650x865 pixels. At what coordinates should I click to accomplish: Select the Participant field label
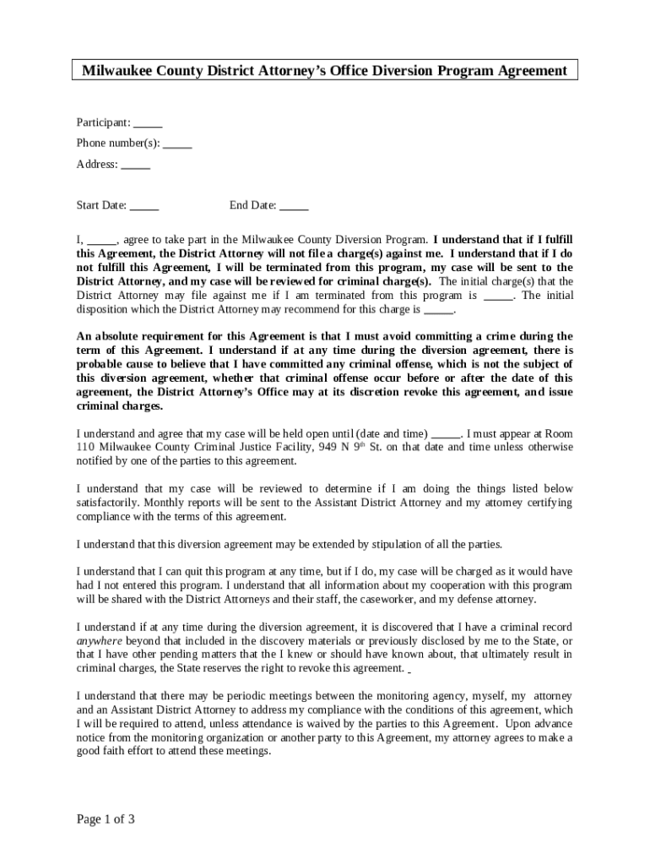(103, 122)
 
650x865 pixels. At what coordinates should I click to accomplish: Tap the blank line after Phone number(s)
(177, 143)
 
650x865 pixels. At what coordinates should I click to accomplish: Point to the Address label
(96, 164)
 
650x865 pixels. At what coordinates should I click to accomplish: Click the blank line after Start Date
(144, 205)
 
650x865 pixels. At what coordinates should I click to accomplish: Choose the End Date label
(252, 205)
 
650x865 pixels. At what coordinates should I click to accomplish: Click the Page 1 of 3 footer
(106, 819)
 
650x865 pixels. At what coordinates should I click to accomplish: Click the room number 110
(85, 447)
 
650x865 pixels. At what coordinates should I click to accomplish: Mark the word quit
(215, 571)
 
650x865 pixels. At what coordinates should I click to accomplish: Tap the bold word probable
(100, 364)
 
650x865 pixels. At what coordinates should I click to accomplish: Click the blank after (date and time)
(446, 433)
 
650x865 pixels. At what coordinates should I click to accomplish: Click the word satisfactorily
(111, 503)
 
